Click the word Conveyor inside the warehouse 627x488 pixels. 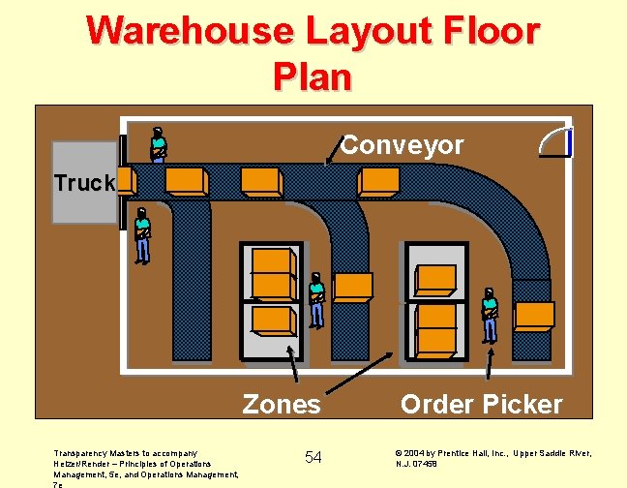(403, 145)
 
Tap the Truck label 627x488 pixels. (84, 183)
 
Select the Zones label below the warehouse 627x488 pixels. (282, 403)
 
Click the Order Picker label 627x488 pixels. (481, 403)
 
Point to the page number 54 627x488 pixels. (313, 456)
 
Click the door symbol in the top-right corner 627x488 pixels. (556, 142)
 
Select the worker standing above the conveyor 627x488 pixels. (158, 144)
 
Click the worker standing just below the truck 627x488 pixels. (143, 234)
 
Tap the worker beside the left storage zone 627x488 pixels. (316, 301)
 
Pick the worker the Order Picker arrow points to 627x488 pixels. (490, 316)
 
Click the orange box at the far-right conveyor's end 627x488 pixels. (533, 316)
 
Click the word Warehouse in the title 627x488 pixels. (190, 31)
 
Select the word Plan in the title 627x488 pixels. (313, 76)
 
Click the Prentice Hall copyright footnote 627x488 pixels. (493, 458)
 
